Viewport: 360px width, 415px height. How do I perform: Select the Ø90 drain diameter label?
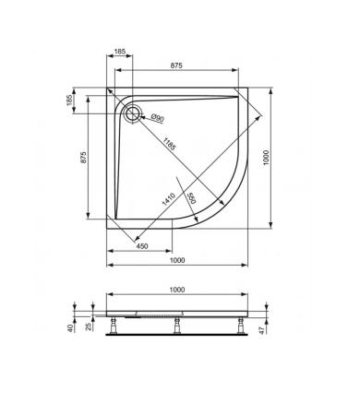click(157, 118)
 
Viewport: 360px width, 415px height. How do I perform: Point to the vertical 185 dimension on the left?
click(70, 100)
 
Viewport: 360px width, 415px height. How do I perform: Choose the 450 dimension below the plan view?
click(142, 245)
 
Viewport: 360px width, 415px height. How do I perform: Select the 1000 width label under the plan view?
click(175, 260)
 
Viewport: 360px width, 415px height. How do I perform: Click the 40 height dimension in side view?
click(70, 327)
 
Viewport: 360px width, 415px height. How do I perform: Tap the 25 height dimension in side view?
click(88, 327)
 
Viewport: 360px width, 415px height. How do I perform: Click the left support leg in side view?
click(114, 325)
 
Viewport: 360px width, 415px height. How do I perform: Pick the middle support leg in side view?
click(177, 325)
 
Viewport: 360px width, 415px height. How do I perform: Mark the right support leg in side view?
click(240, 325)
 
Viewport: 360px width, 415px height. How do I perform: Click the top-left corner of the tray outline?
click(109, 89)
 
